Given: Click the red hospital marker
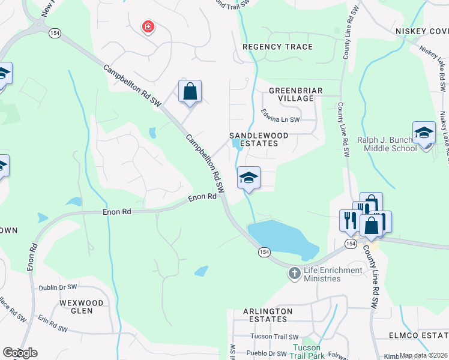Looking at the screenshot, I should pos(148,26).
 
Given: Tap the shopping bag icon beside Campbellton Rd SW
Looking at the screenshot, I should pos(190,92).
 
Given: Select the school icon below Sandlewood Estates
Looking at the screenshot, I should pos(249,178).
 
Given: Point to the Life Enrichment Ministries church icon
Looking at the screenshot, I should pos(294,274).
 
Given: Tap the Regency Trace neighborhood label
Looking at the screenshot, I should pos(277,47).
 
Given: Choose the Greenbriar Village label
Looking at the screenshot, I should pos(295,94).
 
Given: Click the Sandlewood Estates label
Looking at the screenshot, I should pos(254,140).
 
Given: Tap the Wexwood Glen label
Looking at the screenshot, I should pos(81,307).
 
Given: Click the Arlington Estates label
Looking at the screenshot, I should pos(268,316).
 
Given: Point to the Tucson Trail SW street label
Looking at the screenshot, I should pos(274,337).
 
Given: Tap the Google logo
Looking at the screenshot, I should pos(20,352).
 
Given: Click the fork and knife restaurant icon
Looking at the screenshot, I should pos(349,220).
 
